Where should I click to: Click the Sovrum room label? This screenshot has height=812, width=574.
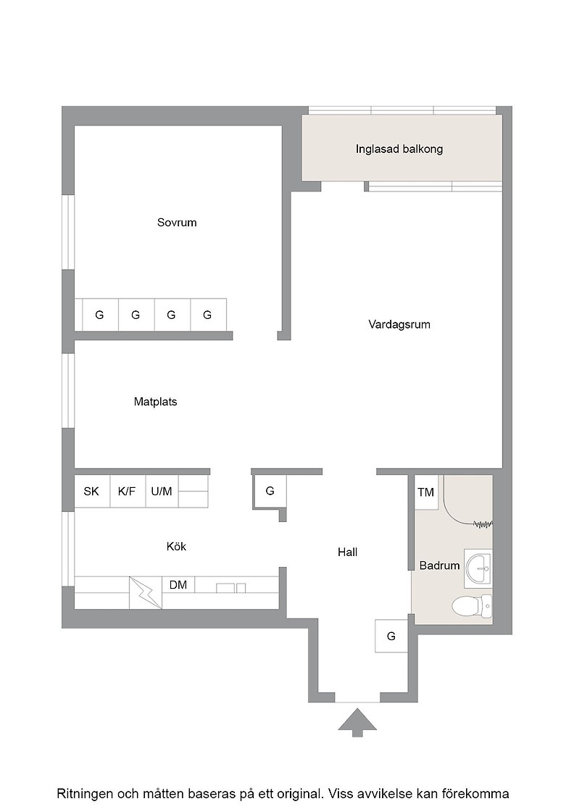point(177,223)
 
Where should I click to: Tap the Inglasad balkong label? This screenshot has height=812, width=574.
point(399,149)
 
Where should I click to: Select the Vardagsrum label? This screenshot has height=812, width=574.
point(399,325)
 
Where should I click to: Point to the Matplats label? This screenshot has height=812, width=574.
point(155,402)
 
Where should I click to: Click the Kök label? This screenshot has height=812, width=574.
point(177,547)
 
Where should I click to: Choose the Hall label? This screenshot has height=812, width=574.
point(347,552)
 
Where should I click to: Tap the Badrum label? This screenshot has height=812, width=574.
point(439,565)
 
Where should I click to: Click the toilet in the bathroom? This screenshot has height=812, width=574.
point(472,605)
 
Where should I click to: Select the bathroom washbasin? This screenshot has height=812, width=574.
point(477,568)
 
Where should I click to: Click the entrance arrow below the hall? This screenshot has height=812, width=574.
point(357,722)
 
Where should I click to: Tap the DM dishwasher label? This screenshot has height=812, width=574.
point(178,585)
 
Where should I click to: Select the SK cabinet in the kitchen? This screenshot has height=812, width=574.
point(92,491)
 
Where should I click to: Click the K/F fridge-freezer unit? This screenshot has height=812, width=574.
point(128,491)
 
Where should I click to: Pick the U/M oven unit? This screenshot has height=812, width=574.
point(162,491)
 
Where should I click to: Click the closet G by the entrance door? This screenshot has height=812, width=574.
point(391,636)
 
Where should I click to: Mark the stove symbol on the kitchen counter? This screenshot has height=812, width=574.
point(146,592)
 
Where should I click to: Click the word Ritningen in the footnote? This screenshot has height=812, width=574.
point(84,794)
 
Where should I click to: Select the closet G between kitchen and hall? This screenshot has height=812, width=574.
point(270,491)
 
